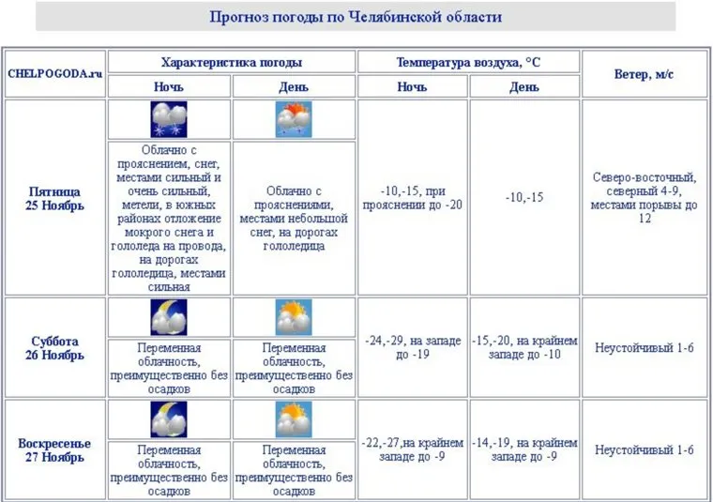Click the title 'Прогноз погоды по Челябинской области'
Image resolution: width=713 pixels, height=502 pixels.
click(356, 17)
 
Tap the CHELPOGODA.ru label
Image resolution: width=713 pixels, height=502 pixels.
click(54, 73)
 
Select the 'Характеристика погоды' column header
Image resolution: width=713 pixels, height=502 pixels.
click(231, 63)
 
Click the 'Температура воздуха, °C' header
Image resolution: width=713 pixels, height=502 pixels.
click(468, 63)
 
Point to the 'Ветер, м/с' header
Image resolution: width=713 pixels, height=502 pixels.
click(644, 73)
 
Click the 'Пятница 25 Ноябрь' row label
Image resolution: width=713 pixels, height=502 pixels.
click(54, 198)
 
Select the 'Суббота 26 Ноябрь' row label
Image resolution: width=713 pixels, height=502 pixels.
click(54, 348)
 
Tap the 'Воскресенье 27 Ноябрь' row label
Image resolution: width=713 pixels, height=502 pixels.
click(54, 449)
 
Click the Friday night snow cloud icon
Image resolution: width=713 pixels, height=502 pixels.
click(169, 120)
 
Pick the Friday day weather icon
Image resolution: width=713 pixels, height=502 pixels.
click(294, 120)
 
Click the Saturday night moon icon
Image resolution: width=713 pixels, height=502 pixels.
click(169, 318)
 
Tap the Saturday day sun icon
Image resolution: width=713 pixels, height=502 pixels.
click(294, 318)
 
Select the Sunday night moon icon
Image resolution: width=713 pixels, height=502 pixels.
click(169, 419)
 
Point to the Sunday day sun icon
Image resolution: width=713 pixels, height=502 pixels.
click(294, 419)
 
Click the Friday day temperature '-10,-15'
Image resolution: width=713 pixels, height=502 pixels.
click(524, 198)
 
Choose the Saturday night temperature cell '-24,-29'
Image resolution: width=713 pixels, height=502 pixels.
click(413, 348)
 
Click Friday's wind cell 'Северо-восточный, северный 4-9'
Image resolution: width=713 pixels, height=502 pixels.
click(644, 197)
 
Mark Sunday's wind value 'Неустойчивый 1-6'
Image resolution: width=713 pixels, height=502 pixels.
click(644, 449)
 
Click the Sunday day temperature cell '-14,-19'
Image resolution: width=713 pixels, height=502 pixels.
click(524, 449)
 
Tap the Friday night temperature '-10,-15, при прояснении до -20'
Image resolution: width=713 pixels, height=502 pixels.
click(413, 198)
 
